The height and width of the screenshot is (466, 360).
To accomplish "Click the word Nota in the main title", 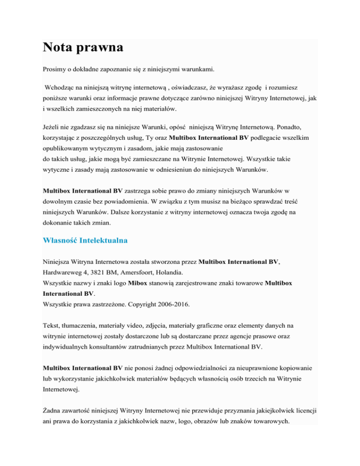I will point(62,48).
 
